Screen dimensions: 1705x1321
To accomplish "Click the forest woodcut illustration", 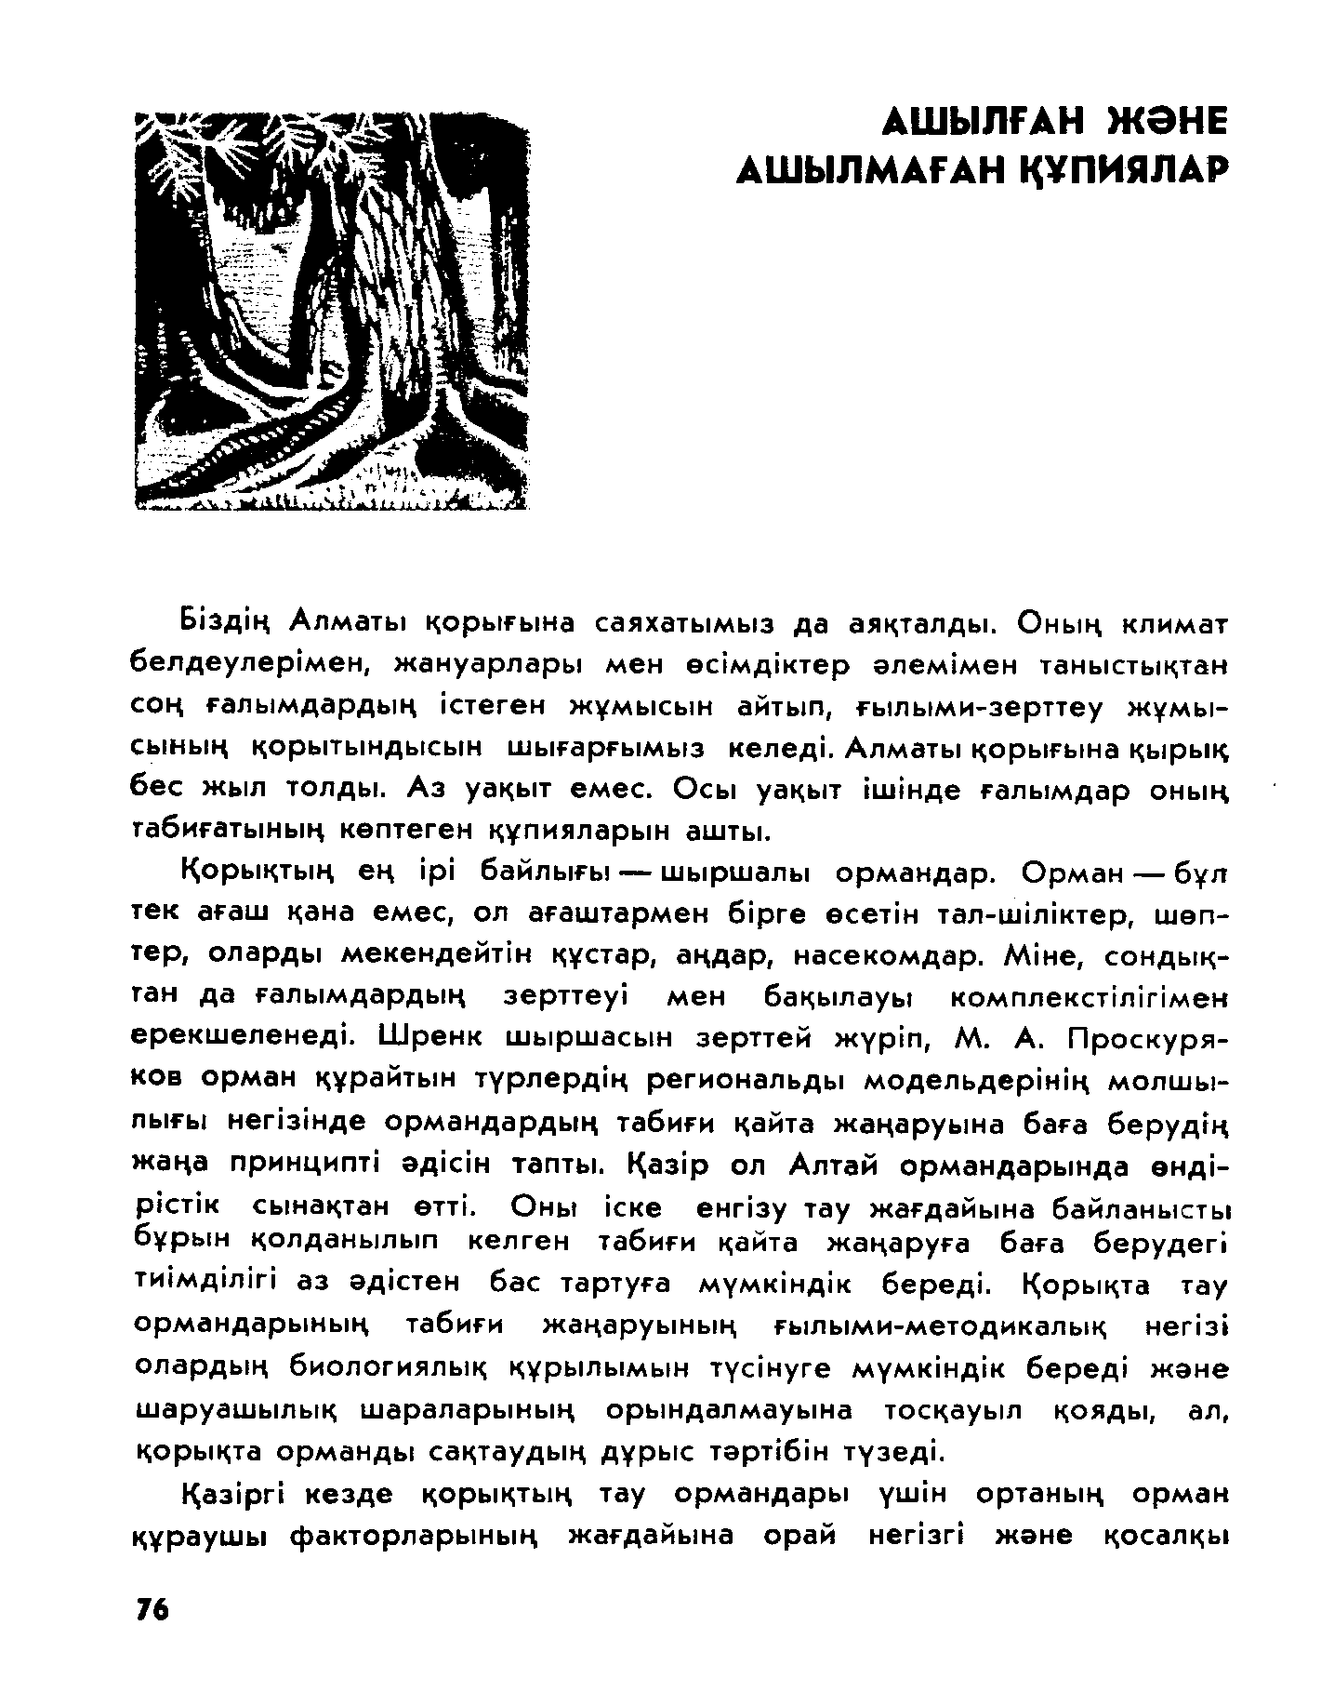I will coord(331,311).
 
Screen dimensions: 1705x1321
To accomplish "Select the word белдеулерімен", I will coord(250,664).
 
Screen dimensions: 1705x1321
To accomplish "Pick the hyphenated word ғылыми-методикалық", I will coord(944,1325).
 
